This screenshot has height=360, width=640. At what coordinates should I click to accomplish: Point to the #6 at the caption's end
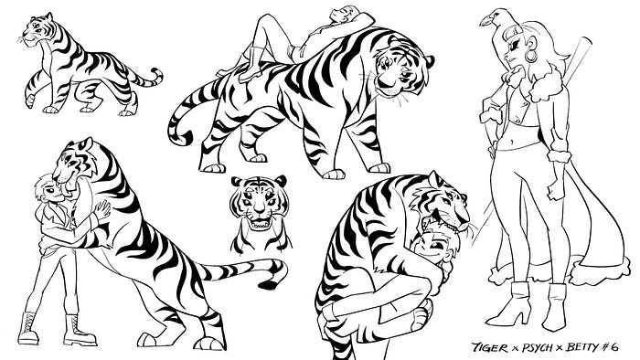(x=611, y=347)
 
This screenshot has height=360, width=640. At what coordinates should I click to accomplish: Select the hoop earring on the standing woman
(x=530, y=56)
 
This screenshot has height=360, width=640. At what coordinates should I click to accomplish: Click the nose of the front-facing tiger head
(x=259, y=210)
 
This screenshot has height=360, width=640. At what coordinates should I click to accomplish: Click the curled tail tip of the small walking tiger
(x=157, y=76)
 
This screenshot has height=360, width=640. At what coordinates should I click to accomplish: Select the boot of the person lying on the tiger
(x=250, y=65)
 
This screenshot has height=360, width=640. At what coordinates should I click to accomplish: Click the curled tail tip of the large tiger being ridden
(x=179, y=136)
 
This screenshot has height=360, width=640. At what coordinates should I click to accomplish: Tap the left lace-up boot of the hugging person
(x=28, y=329)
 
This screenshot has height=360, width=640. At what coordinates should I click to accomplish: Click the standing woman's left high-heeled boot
(x=511, y=303)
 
